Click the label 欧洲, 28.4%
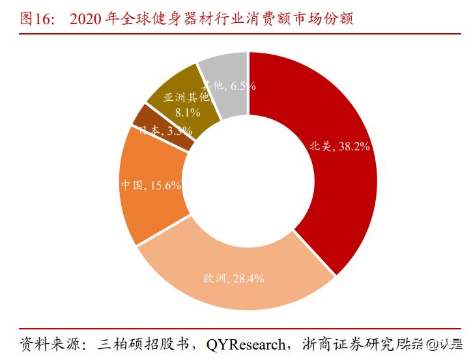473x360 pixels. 233,279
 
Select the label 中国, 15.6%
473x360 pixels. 150,185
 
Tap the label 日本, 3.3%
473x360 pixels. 165,131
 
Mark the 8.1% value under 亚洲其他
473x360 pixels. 188,112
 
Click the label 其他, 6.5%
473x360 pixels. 227,85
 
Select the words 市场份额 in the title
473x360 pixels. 322,18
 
